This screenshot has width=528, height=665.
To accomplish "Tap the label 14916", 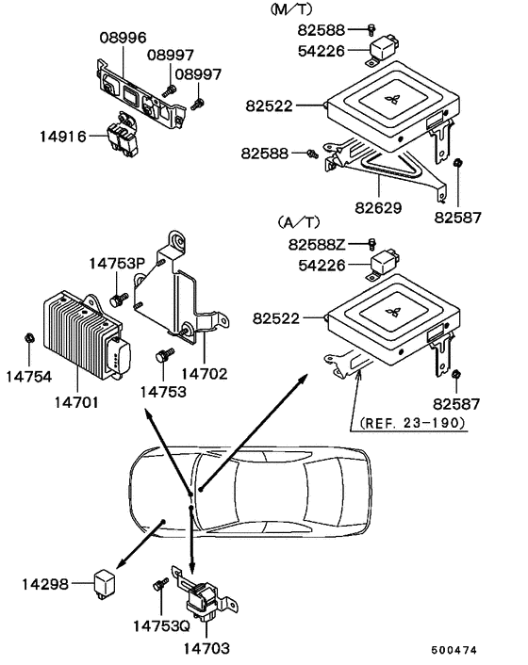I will click(x=62, y=137).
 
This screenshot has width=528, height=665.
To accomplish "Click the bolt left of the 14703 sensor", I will click(x=157, y=586).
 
